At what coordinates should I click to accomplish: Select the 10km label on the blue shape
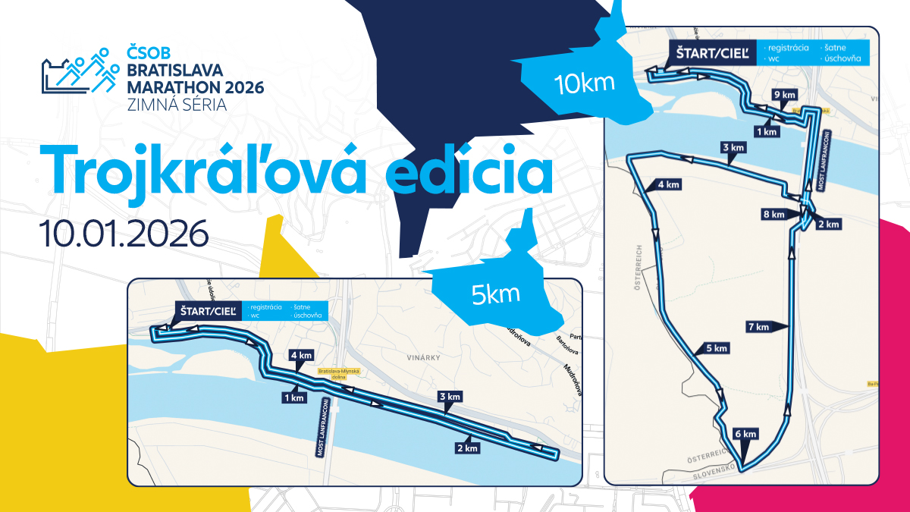(x=584, y=81)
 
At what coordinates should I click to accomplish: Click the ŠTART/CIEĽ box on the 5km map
(x=209, y=311)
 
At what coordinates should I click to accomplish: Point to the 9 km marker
(x=784, y=95)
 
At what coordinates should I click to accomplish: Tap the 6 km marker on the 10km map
(x=746, y=434)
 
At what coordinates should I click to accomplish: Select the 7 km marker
(x=758, y=327)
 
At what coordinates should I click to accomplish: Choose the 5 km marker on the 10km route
(x=717, y=348)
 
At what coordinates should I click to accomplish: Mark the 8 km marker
(x=773, y=215)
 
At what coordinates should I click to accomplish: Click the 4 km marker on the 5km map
(x=301, y=355)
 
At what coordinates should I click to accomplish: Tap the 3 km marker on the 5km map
(x=450, y=397)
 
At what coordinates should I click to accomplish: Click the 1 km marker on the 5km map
(x=293, y=397)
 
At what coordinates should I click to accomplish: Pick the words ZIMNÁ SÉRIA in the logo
(x=178, y=105)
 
